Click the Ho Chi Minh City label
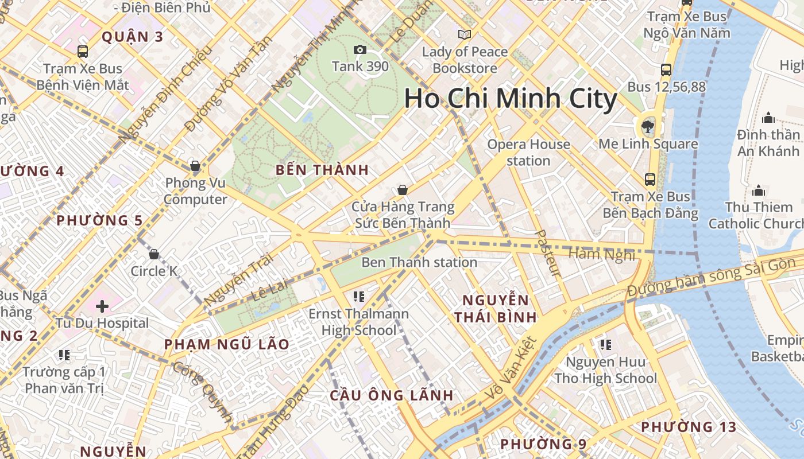pos(511,99)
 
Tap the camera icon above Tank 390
pos(360,50)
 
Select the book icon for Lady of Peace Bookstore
pos(465,35)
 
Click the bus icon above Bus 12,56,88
pos(666,70)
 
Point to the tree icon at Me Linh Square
pos(648,126)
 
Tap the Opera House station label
pos(528,153)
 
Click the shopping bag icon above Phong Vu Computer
pos(195,166)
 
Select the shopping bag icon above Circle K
pos(154,254)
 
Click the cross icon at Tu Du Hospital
pos(102,306)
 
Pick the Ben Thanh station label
pos(419,262)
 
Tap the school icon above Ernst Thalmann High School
pos(359,297)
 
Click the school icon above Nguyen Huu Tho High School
pos(605,345)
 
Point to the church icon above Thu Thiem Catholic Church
pos(759,190)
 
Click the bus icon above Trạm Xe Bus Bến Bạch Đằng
pos(650,180)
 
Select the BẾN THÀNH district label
pos(322,170)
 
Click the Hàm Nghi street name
pos(602,254)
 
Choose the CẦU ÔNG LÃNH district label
pos(392,395)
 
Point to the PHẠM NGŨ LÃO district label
pos(227,345)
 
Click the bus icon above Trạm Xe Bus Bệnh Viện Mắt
pos(83,52)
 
